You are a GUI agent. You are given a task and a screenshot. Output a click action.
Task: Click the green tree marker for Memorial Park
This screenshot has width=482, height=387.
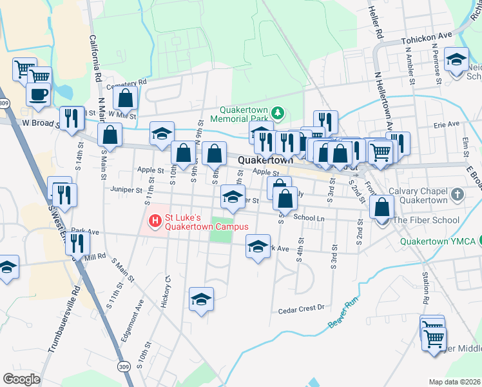click(278, 114)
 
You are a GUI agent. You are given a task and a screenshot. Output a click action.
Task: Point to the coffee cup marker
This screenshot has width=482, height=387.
click(38, 95)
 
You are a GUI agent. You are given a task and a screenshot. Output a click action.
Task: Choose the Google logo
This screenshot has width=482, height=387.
click(21, 379)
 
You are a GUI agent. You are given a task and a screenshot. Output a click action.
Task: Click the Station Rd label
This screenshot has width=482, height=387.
click(425, 288)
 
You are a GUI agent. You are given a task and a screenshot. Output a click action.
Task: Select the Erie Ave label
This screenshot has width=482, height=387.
click(446, 124)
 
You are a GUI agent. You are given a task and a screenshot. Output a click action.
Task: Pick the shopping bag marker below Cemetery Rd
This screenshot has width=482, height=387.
click(126, 99)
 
